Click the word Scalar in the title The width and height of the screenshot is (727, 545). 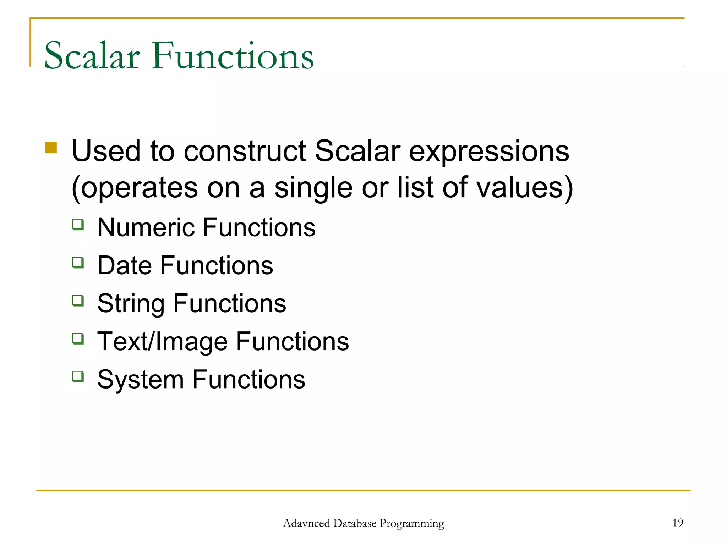click(x=92, y=56)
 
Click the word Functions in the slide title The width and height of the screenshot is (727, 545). click(x=233, y=56)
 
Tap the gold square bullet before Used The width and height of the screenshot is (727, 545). click(x=51, y=148)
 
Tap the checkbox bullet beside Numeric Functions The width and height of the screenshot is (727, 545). click(x=78, y=225)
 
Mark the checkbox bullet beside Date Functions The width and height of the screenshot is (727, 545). click(x=78, y=263)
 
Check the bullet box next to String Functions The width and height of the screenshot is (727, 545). click(x=78, y=301)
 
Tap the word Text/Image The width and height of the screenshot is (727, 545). click(x=162, y=342)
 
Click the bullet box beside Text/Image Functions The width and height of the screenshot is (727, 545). click(x=78, y=338)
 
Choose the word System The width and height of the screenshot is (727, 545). click(x=140, y=380)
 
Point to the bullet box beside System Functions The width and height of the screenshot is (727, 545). click(x=78, y=376)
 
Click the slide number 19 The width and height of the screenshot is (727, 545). click(x=677, y=523)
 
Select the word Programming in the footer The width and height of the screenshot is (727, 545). click(x=411, y=524)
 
